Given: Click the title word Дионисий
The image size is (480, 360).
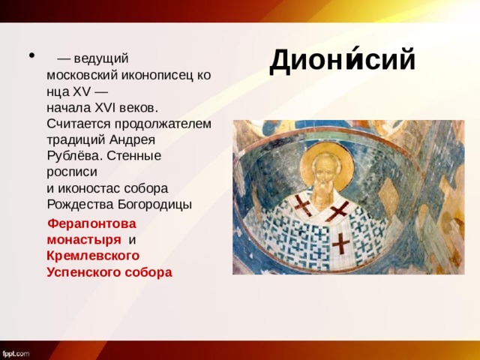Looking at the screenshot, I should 342,59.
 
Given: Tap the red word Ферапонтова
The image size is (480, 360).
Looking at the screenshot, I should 91,223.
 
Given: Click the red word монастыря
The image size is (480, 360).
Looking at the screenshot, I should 83,239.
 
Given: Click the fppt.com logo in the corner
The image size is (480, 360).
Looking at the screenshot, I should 16,352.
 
